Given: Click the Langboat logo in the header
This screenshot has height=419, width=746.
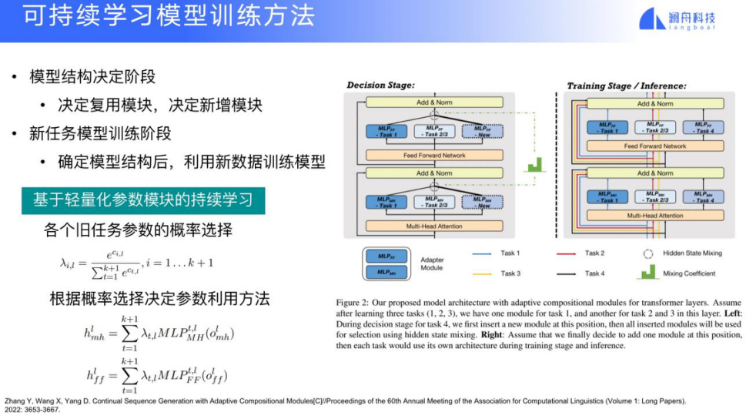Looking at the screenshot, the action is click(x=677, y=20).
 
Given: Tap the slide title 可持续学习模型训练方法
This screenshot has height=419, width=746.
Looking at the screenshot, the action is click(x=169, y=18).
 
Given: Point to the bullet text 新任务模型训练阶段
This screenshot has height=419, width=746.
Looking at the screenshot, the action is click(x=100, y=133).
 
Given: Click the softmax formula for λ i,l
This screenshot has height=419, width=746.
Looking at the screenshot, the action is click(x=136, y=263).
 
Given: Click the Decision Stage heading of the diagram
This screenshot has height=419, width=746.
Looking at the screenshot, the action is click(x=380, y=85).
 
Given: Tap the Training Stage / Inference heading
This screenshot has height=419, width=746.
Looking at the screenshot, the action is click(x=626, y=85).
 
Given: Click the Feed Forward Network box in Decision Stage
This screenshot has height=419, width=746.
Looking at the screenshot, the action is click(x=435, y=155).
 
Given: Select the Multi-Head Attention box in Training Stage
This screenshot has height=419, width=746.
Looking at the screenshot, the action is click(x=654, y=216).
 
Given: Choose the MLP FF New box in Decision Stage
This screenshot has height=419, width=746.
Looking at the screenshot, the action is click(x=482, y=130).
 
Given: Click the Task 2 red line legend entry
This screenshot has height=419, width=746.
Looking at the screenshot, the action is click(x=593, y=253).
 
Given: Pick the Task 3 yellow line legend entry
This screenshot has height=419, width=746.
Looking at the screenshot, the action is click(x=510, y=273).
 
